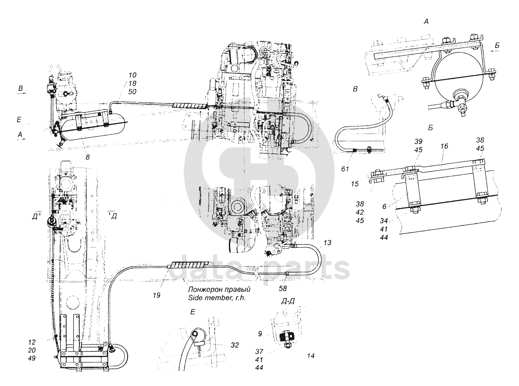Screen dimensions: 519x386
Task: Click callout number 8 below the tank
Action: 87,157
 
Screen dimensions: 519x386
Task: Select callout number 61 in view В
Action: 345,169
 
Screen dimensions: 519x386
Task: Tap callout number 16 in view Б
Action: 444,146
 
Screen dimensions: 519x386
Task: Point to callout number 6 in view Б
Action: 384,206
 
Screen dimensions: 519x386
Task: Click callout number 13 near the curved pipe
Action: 327,243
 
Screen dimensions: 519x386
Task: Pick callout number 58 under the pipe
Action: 283,288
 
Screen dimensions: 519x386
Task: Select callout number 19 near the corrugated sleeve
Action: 157,296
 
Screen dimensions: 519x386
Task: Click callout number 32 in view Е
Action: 235,345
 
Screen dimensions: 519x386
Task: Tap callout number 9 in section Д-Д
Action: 260,334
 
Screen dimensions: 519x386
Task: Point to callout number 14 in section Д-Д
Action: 311,356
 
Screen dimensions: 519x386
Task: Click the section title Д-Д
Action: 288,301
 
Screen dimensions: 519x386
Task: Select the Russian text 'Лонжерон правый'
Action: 219,289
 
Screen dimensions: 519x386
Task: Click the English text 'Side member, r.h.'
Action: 217,298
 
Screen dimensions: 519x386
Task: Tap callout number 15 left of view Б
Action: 355,184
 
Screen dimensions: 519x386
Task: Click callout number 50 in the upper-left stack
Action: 132,92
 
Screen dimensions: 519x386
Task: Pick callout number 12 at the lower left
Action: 31,342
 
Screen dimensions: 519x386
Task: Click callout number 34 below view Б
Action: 384,221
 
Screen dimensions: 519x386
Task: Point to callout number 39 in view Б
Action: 418,142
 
